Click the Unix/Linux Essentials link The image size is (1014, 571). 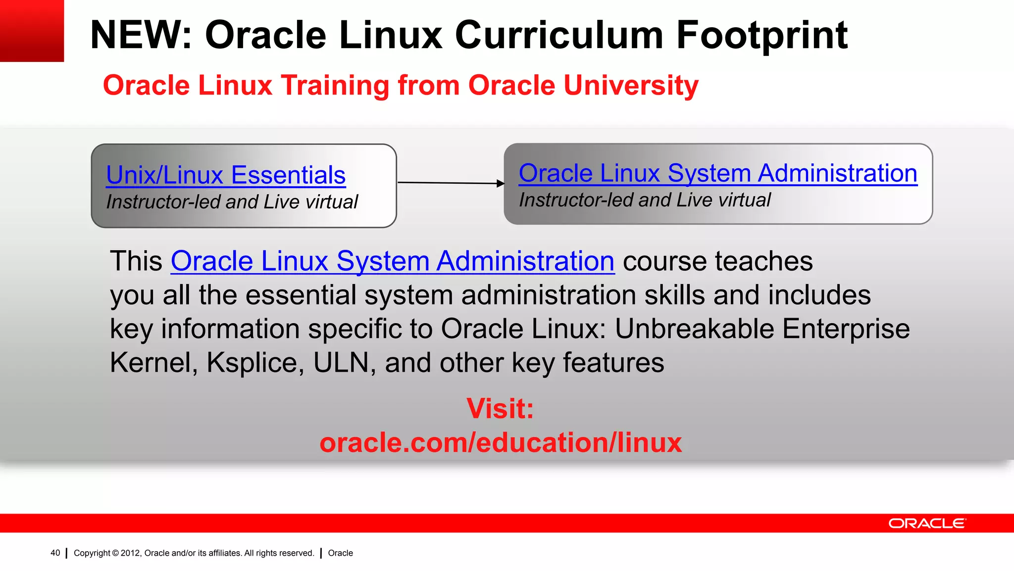click(226, 175)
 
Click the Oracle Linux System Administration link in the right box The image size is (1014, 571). click(718, 173)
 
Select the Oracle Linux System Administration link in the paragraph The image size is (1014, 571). click(393, 261)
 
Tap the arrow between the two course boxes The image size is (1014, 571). click(451, 183)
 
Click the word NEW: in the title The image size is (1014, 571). click(141, 36)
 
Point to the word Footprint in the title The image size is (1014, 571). click(762, 36)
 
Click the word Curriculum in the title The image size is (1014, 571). click(559, 36)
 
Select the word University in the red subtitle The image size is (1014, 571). click(631, 85)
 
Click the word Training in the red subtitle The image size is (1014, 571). click(335, 85)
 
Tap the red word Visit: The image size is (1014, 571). click(500, 409)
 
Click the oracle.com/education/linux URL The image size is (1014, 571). click(501, 443)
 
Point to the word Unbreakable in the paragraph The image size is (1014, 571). click(694, 329)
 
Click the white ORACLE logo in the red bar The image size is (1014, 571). click(926, 523)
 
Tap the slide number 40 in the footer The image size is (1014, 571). click(55, 553)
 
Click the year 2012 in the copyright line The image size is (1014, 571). click(130, 553)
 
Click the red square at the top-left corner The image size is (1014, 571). click(32, 31)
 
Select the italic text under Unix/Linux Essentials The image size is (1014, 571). click(232, 202)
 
